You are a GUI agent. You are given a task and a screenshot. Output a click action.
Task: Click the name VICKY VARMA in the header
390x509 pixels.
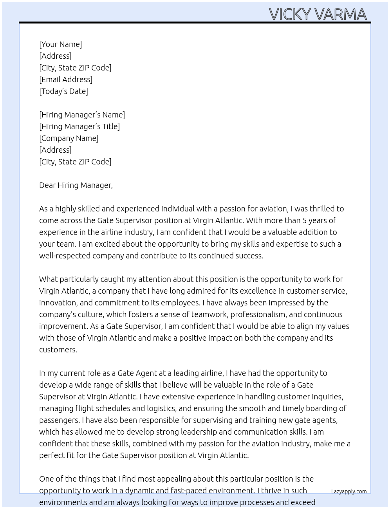[318, 14]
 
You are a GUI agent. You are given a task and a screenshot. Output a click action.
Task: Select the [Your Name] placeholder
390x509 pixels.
[61, 44]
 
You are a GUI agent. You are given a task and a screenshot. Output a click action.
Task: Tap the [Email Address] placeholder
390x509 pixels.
[66, 79]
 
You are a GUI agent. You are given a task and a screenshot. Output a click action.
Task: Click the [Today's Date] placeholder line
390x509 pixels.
[63, 91]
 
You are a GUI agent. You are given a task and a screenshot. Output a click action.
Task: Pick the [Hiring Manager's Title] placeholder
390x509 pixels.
[79, 126]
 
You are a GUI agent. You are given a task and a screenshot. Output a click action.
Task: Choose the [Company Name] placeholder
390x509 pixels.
[69, 138]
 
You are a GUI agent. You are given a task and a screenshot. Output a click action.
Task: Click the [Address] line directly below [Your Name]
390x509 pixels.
[55, 56]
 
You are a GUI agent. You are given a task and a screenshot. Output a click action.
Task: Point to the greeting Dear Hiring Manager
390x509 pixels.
[76, 185]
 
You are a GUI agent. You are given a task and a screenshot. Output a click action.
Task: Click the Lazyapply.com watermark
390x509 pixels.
[349, 491]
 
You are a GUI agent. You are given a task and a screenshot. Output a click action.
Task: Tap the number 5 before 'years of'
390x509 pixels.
[305, 220]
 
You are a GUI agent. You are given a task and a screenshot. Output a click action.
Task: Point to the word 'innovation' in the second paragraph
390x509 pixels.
[58, 303]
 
